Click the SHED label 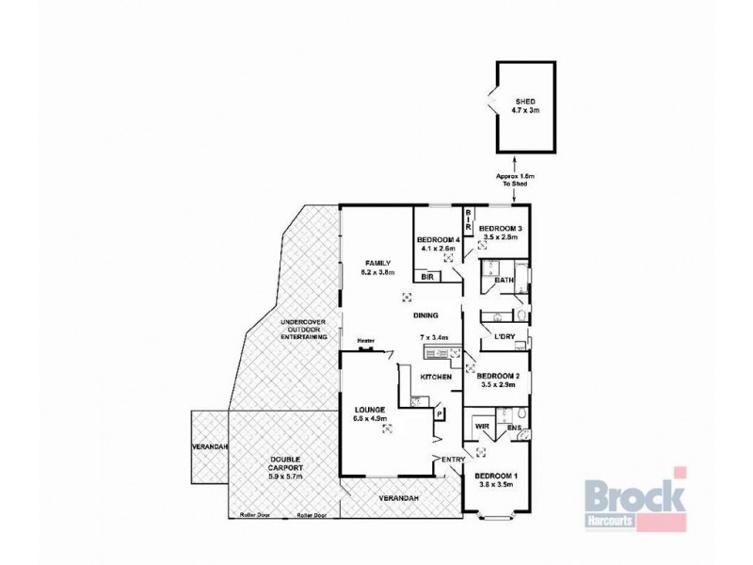click(524, 105)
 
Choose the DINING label click(427, 315)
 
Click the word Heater click(366, 342)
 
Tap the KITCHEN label click(436, 377)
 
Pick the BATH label click(505, 280)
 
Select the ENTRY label click(454, 459)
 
